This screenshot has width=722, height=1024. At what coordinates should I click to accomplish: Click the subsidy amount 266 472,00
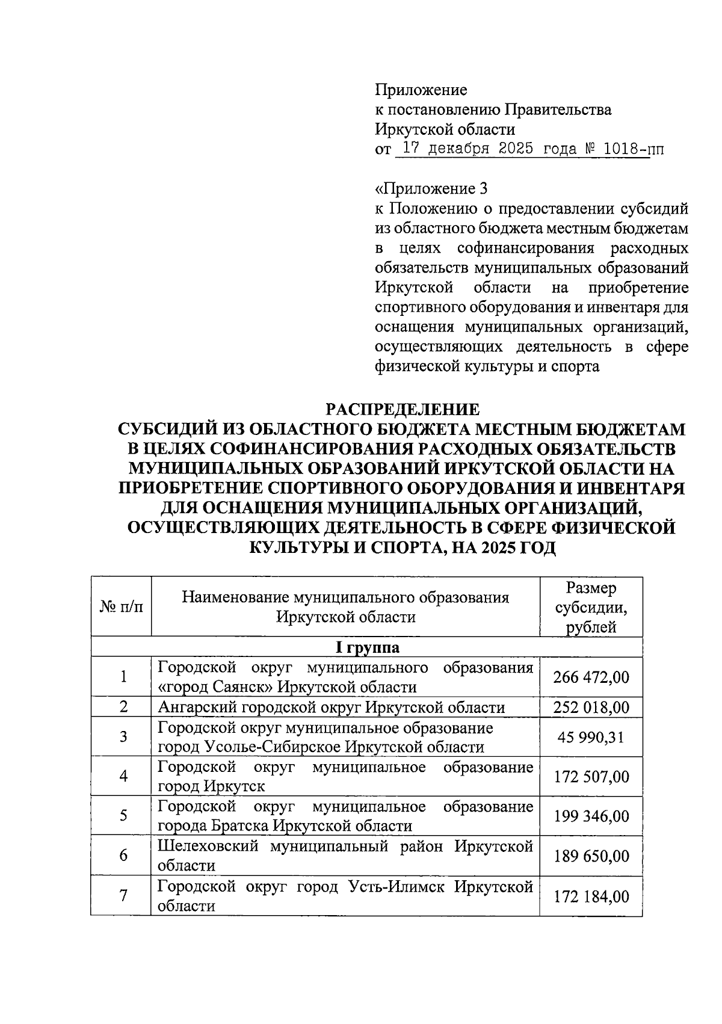tap(591, 677)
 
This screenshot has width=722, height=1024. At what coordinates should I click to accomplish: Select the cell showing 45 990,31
tap(591, 736)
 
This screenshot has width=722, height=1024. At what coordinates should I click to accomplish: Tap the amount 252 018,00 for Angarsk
tap(591, 707)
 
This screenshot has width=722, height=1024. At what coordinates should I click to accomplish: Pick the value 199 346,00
tap(591, 816)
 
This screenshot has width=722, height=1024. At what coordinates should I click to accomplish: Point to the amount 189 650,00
tap(591, 856)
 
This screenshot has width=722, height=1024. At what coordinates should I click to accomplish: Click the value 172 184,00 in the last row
tap(591, 896)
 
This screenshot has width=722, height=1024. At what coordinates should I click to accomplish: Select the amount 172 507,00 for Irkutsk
tap(591, 776)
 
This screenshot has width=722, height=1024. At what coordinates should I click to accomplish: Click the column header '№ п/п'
tap(121, 607)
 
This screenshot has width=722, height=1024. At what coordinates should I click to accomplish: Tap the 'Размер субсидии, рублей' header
tap(591, 607)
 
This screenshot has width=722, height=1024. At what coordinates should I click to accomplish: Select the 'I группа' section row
tap(366, 647)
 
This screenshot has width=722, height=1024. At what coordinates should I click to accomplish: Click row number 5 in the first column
tap(123, 816)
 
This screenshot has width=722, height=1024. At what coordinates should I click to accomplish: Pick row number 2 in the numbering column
tap(123, 707)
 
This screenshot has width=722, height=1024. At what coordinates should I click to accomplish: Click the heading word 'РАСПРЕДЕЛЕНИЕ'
tap(403, 410)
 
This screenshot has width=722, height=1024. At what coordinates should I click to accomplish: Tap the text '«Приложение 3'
tap(431, 189)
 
